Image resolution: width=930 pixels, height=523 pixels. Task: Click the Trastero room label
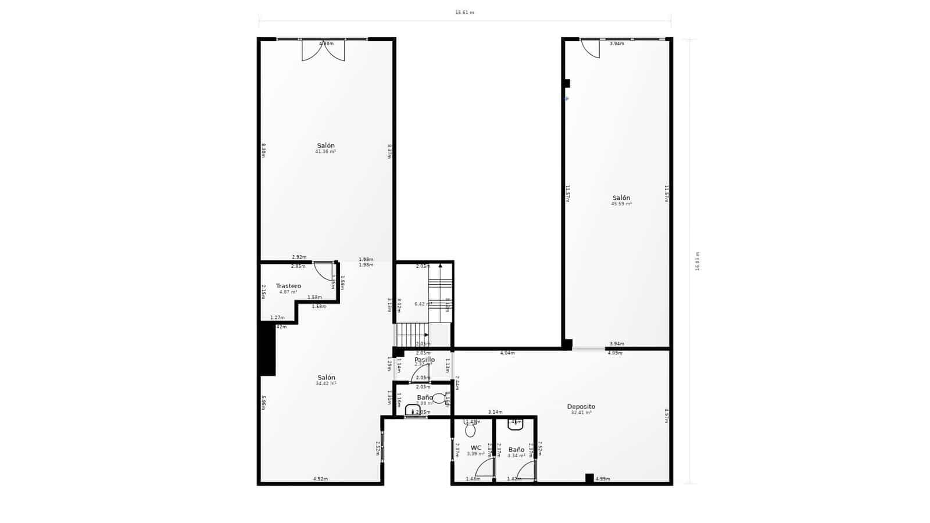pos(288,286)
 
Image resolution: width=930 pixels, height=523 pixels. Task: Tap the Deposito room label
pos(581,407)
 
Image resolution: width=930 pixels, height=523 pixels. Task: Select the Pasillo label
pos(424,360)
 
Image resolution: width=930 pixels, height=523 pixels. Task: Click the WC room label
pos(475,448)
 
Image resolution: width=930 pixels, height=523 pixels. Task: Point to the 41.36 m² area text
pos(325,152)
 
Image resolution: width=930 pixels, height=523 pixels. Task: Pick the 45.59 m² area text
pos(621,204)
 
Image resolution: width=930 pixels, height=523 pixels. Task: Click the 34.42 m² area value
pos(325,384)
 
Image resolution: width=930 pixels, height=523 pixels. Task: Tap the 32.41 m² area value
pos(581,413)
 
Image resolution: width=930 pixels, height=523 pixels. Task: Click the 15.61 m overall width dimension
pos(464,12)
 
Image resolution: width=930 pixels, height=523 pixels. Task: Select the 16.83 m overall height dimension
pos(697,261)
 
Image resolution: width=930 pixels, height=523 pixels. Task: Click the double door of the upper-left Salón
pos(323,51)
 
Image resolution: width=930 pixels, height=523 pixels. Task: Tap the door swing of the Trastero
pos(323,271)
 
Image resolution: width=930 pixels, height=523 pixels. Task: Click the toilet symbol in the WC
pos(470,429)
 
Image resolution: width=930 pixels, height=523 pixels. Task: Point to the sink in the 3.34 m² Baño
pos(516,424)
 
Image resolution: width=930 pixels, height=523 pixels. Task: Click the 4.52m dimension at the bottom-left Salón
pos(320,479)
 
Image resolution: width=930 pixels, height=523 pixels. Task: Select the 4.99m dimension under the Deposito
pos(603,479)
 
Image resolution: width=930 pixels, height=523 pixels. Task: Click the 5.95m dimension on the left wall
pos(263,403)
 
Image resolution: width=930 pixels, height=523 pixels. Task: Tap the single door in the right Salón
pos(591,48)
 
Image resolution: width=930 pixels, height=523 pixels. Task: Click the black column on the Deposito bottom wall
pos(589,478)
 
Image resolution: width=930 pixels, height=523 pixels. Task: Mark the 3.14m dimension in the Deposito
pos(495,412)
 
